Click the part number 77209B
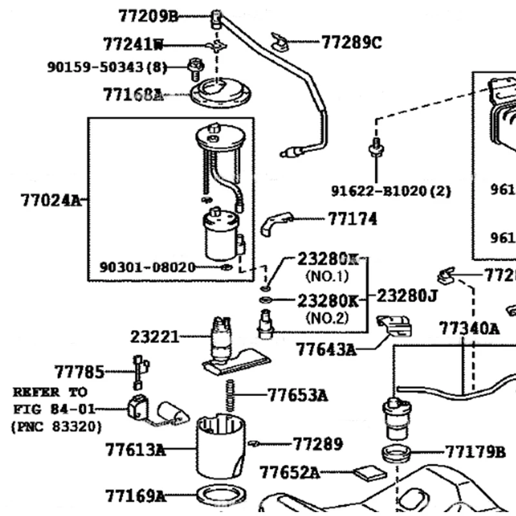tap(148, 15)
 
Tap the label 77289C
tap(352, 43)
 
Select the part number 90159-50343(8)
tap(107, 66)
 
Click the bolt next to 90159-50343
tap(193, 65)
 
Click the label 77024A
tap(51, 200)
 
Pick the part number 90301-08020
tap(147, 266)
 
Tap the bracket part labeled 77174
tap(277, 223)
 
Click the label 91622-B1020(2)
tap(392, 191)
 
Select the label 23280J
tap(407, 296)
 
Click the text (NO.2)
tap(326, 317)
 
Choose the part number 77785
tap(79, 372)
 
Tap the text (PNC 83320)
tap(56, 426)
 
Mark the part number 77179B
tap(475, 451)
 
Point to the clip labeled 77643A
tap(394, 326)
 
